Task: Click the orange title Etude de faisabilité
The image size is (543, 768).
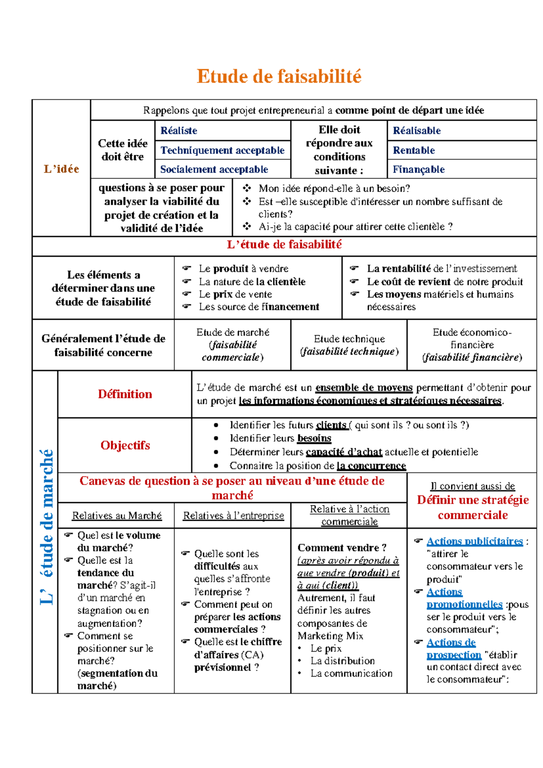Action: pyautogui.click(x=279, y=76)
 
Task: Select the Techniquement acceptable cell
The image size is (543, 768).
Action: pyautogui.click(x=222, y=150)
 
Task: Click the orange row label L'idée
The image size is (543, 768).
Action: pyautogui.click(x=61, y=169)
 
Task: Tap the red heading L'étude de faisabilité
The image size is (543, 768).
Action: pyautogui.click(x=284, y=245)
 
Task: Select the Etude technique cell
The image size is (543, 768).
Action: pyautogui.click(x=349, y=345)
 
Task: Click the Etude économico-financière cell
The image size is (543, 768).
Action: pyautogui.click(x=472, y=345)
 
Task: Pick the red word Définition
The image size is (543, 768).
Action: pyautogui.click(x=125, y=394)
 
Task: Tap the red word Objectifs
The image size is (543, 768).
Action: pyautogui.click(x=125, y=445)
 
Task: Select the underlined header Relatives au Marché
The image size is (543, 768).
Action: pyautogui.click(x=117, y=515)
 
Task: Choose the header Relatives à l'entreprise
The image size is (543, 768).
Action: pyautogui.click(x=233, y=515)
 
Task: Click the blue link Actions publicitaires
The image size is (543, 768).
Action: pyautogui.click(x=474, y=541)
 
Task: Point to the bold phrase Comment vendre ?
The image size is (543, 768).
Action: pyautogui.click(x=342, y=547)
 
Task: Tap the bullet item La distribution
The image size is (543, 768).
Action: pyautogui.click(x=343, y=661)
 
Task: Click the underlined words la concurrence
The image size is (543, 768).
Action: pyautogui.click(x=371, y=466)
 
